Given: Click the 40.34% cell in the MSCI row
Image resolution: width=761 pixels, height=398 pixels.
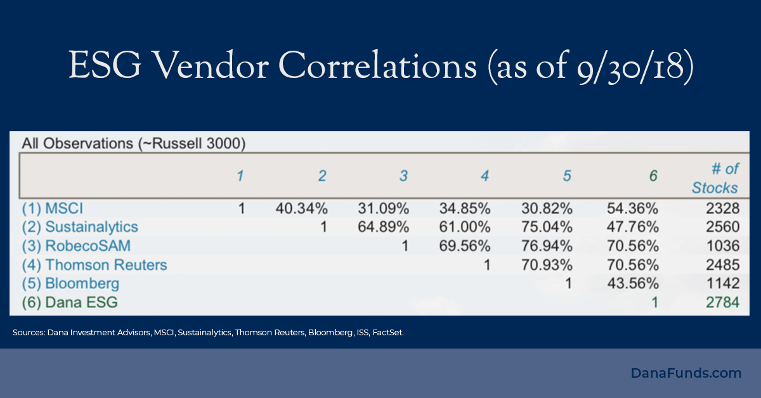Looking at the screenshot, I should coord(301,208).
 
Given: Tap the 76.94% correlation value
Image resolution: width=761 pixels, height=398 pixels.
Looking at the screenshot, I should coord(546,246).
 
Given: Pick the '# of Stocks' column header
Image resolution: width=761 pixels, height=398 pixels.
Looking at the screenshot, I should coord(715,178).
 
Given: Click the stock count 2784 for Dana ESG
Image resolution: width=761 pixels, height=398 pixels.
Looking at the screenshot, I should coord(723,302).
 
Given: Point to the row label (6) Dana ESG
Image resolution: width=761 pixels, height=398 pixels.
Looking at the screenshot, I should coord(70,302).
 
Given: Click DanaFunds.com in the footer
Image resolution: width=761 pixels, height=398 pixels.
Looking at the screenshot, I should coord(686,373).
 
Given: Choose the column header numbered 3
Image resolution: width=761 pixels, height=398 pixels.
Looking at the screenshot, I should coord(403,176).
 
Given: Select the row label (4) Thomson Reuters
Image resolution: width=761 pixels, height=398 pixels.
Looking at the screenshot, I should coord(94,265).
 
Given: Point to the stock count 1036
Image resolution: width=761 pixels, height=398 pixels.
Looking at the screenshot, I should coord(723,246).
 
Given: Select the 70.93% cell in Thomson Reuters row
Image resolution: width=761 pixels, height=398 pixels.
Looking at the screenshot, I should coord(546,265).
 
